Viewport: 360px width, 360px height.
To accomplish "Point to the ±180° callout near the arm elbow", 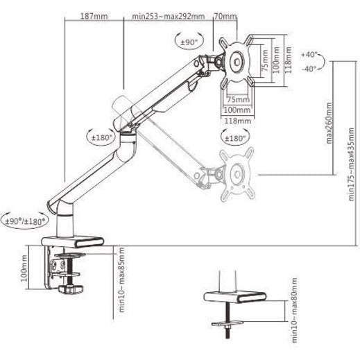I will pos(101,137).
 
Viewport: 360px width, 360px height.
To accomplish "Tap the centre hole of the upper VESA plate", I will pos(239,61).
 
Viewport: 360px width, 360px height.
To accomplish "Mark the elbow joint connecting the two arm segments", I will pos(128,129).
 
